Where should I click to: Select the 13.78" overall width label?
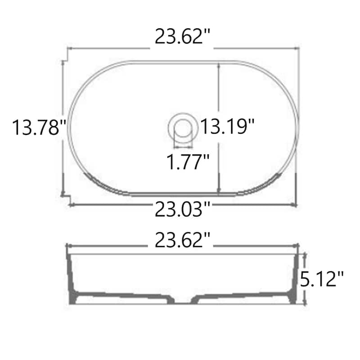[36, 127]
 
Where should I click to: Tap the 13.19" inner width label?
[227, 126]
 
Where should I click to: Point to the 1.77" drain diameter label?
[189, 161]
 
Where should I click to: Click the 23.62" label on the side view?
[183, 241]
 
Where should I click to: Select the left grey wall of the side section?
[72, 279]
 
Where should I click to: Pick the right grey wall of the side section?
[294, 279]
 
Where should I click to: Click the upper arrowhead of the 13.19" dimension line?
[219, 64]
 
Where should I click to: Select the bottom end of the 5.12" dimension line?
[306, 303]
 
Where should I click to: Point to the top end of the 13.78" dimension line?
[63, 62]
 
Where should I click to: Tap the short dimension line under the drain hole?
[182, 146]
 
